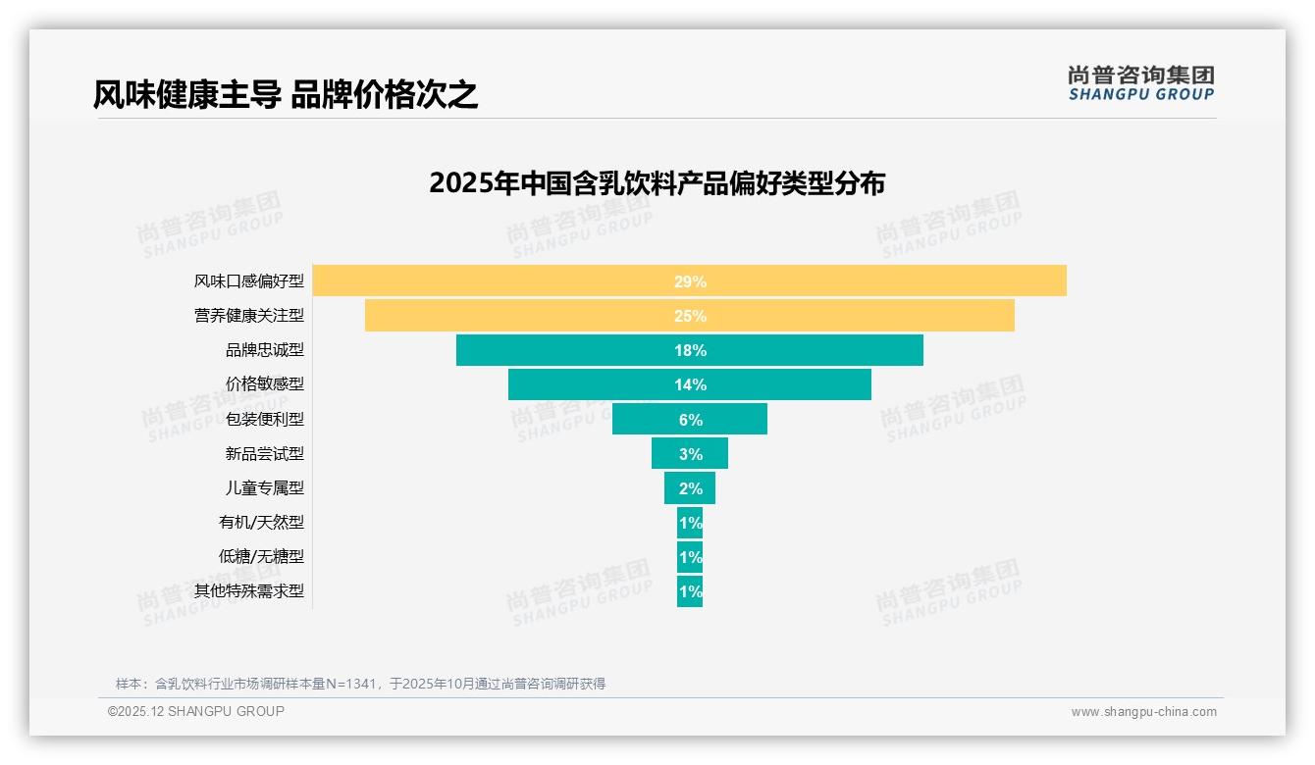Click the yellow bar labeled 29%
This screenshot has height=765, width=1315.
(689, 280)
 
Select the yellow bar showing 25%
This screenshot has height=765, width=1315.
(689, 316)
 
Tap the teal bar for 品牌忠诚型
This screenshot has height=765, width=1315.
(689, 350)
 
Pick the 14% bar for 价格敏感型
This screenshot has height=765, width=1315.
(689, 384)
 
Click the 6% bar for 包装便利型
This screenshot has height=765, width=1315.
(689, 419)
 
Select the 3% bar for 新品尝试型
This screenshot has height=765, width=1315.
(689, 454)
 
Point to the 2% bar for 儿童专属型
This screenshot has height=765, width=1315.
(689, 488)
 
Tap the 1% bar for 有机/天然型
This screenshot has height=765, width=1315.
(689, 523)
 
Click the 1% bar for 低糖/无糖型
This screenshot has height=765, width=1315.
(689, 557)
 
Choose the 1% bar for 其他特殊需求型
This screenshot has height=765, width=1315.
(689, 591)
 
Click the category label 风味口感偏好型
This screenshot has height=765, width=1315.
(249, 281)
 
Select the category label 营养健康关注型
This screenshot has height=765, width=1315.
(249, 316)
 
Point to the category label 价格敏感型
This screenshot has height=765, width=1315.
(265, 384)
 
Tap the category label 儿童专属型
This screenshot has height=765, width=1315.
(265, 488)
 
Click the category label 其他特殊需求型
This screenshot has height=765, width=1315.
(249, 591)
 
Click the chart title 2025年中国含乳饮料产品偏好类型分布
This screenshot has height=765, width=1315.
(657, 183)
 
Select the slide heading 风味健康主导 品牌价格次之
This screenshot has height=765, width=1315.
(286, 94)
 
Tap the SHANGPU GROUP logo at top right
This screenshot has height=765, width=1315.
(1140, 83)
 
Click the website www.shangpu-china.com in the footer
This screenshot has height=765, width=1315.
(1143, 712)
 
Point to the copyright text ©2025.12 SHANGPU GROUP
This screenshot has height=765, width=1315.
(196, 712)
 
